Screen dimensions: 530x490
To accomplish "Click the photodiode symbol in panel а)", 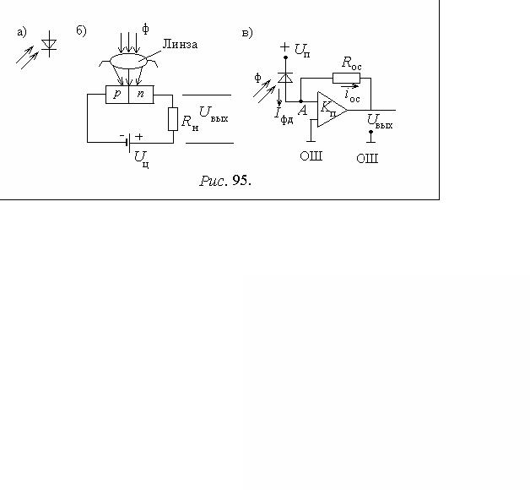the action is [x=49, y=44].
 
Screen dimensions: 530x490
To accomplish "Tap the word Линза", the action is [x=180, y=44].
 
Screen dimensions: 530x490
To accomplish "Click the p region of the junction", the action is [x=117, y=94].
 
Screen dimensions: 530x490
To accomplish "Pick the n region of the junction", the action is [x=141, y=94].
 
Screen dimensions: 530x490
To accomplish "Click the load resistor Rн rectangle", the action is [x=173, y=119].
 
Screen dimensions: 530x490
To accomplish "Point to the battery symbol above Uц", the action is [x=128, y=142].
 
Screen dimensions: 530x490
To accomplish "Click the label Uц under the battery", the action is [x=141, y=160].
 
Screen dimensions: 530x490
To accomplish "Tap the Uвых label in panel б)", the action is [x=214, y=113].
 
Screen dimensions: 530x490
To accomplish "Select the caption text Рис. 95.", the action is [x=225, y=181].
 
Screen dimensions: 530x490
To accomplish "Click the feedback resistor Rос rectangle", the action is [x=346, y=78].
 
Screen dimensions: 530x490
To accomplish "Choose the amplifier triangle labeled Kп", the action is [x=332, y=109].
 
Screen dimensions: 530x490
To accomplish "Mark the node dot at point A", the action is [x=300, y=101].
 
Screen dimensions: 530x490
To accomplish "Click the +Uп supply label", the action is [x=295, y=49].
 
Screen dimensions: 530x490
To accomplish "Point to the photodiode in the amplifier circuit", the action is [x=285, y=78].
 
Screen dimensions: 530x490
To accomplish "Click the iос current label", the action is [x=352, y=95].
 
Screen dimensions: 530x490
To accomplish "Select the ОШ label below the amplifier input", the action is [x=311, y=156].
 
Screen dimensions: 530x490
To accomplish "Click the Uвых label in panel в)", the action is [x=380, y=122].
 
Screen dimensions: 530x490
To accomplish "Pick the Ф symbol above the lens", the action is [x=145, y=29].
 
